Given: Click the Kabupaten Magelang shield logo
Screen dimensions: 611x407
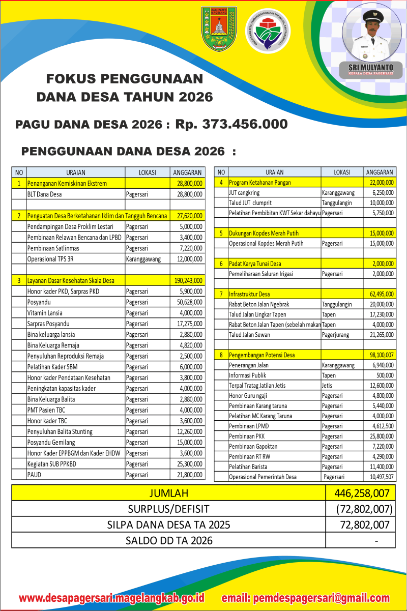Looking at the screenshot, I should click(219, 28).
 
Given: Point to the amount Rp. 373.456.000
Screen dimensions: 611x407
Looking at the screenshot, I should click(231, 124).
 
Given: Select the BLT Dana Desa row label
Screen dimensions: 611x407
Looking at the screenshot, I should click(45, 194).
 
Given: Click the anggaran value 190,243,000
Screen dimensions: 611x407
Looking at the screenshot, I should click(190, 280).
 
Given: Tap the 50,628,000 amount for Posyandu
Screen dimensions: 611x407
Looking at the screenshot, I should click(190, 302).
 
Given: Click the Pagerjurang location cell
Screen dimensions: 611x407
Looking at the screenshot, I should click(339, 335).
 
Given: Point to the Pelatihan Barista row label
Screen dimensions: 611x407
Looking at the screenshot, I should click(248, 467).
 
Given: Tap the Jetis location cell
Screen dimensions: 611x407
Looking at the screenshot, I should click(327, 386).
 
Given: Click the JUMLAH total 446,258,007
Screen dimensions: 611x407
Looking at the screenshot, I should click(362, 493).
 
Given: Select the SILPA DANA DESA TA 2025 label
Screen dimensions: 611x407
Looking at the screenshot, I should click(169, 525).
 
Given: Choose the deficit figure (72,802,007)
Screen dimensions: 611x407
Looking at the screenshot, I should click(363, 509).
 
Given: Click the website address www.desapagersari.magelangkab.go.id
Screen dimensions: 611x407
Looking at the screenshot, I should click(111, 598).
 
